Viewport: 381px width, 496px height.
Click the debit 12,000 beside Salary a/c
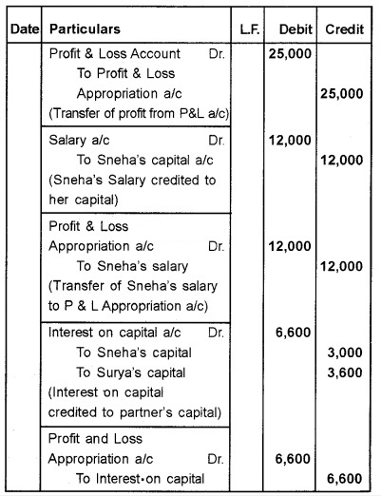click(x=289, y=141)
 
